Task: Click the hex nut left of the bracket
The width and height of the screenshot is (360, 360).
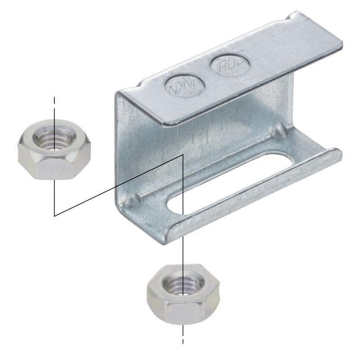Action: tap(54, 149)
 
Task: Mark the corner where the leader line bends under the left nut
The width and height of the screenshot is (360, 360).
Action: tap(54, 216)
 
